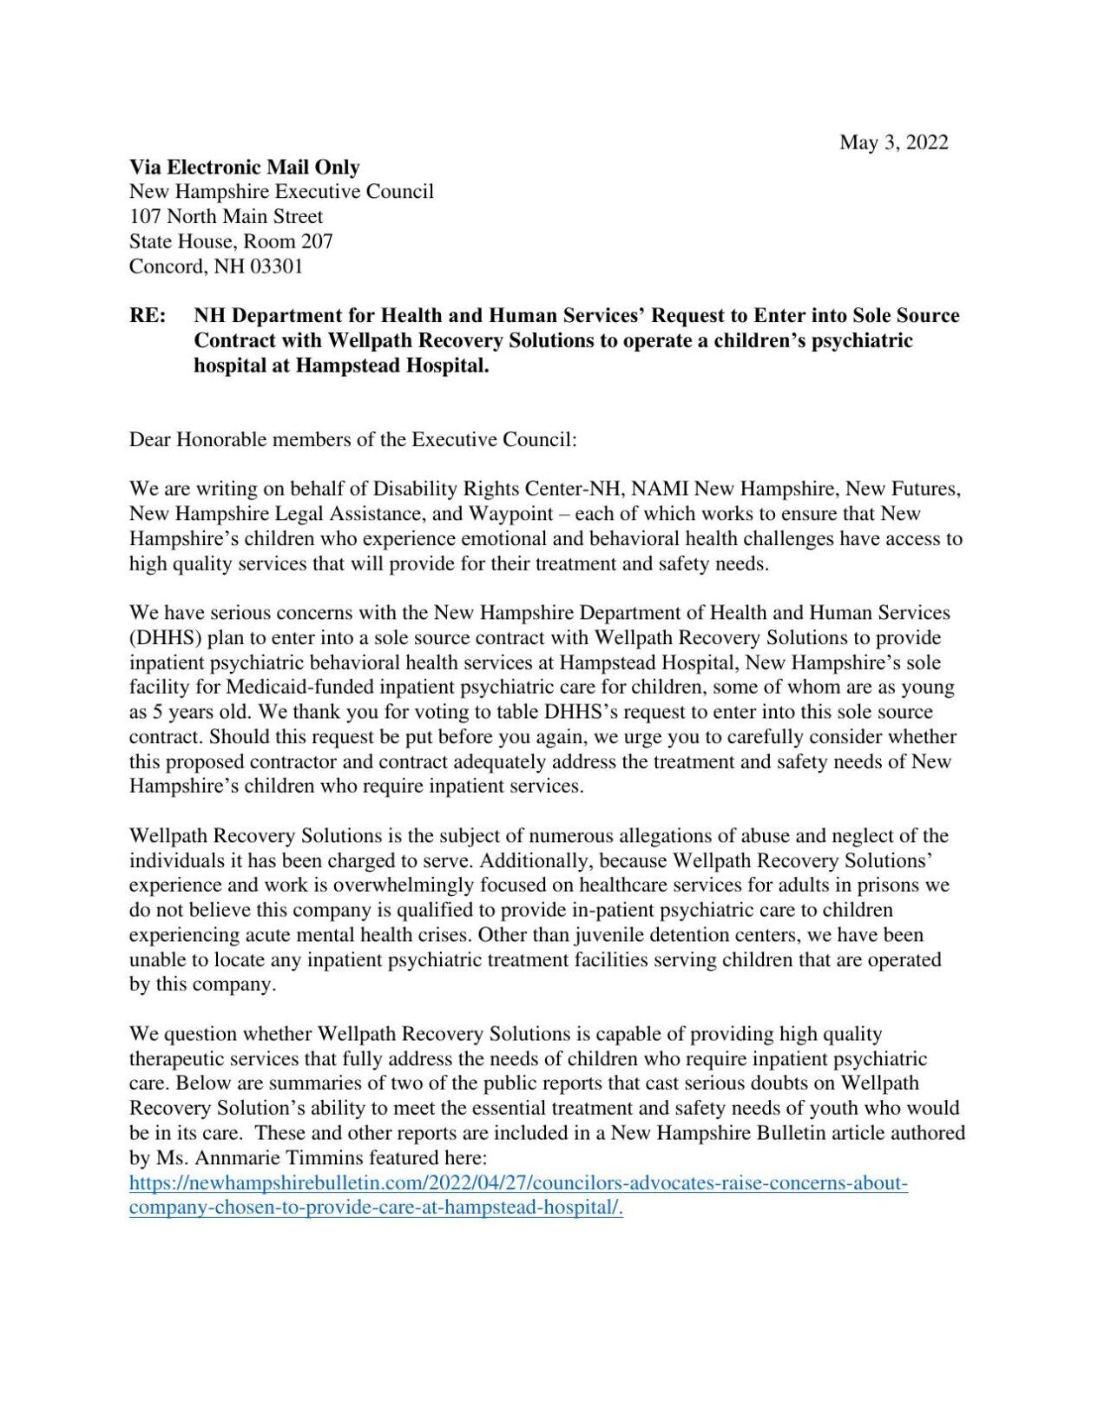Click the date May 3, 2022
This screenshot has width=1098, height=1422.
point(893,142)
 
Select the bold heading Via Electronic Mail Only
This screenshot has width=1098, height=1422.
point(244,168)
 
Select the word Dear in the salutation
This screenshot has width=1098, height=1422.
point(150,439)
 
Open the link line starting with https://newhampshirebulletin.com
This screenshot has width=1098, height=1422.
point(518,1183)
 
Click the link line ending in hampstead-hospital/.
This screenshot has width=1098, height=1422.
point(376,1208)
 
